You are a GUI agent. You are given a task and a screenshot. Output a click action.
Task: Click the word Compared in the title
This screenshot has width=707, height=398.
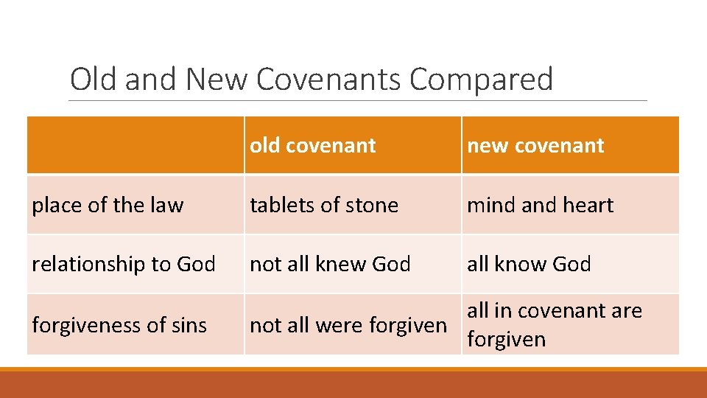pos(481,80)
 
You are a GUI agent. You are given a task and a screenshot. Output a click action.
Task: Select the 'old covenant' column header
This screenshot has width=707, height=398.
pos(313,146)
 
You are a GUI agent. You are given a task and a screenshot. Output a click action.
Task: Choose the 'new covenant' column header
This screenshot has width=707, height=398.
pos(535,146)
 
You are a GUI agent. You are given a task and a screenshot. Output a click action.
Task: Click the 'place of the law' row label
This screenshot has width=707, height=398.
pos(108,205)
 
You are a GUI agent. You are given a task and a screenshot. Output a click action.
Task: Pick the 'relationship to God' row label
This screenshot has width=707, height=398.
pos(124,264)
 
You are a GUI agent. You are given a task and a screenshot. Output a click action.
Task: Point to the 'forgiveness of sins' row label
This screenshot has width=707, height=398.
pos(119,324)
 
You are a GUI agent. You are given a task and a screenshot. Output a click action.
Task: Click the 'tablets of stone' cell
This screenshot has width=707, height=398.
pos(324,205)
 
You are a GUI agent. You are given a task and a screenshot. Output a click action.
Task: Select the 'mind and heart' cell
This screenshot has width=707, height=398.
pos(540,205)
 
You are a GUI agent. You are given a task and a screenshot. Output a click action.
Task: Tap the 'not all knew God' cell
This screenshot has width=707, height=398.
pos(330,264)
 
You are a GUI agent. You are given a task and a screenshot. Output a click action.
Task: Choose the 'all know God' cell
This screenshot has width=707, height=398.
pos(529,264)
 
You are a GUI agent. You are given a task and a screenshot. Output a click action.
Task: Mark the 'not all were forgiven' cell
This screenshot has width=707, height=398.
pos(348,324)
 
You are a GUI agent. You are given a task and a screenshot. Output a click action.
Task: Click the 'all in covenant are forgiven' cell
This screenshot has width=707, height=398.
pos(555,324)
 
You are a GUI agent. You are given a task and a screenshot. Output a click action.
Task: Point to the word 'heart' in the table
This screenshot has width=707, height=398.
pos(588,205)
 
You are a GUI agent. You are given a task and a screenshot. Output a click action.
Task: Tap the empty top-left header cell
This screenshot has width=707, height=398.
pos(136,146)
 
